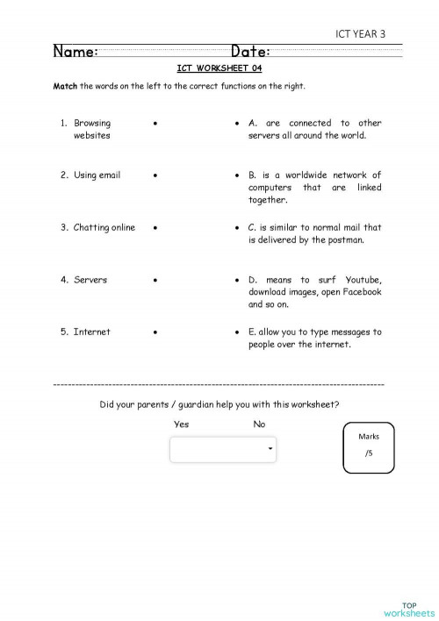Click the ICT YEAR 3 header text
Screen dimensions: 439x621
(x=360, y=34)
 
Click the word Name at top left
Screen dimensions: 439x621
(x=75, y=53)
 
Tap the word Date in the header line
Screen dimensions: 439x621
(x=250, y=53)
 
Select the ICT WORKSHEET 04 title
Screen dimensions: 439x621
(x=219, y=68)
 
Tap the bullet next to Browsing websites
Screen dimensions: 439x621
(x=155, y=123)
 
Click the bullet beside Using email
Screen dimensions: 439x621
(x=155, y=175)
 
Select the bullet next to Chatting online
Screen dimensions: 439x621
(x=155, y=227)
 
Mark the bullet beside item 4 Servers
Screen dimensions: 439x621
(x=155, y=280)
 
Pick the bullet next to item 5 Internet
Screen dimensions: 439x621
(x=155, y=332)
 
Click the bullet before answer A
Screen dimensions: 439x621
(x=239, y=123)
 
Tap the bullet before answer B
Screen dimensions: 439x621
(x=239, y=175)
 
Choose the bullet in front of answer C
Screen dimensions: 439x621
(x=239, y=227)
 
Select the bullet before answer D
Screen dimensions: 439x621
(x=239, y=280)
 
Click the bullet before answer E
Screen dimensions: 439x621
(x=239, y=332)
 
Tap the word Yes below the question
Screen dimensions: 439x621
(x=181, y=425)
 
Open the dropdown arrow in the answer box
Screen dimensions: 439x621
(x=270, y=449)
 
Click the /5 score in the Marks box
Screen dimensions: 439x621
(x=369, y=453)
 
